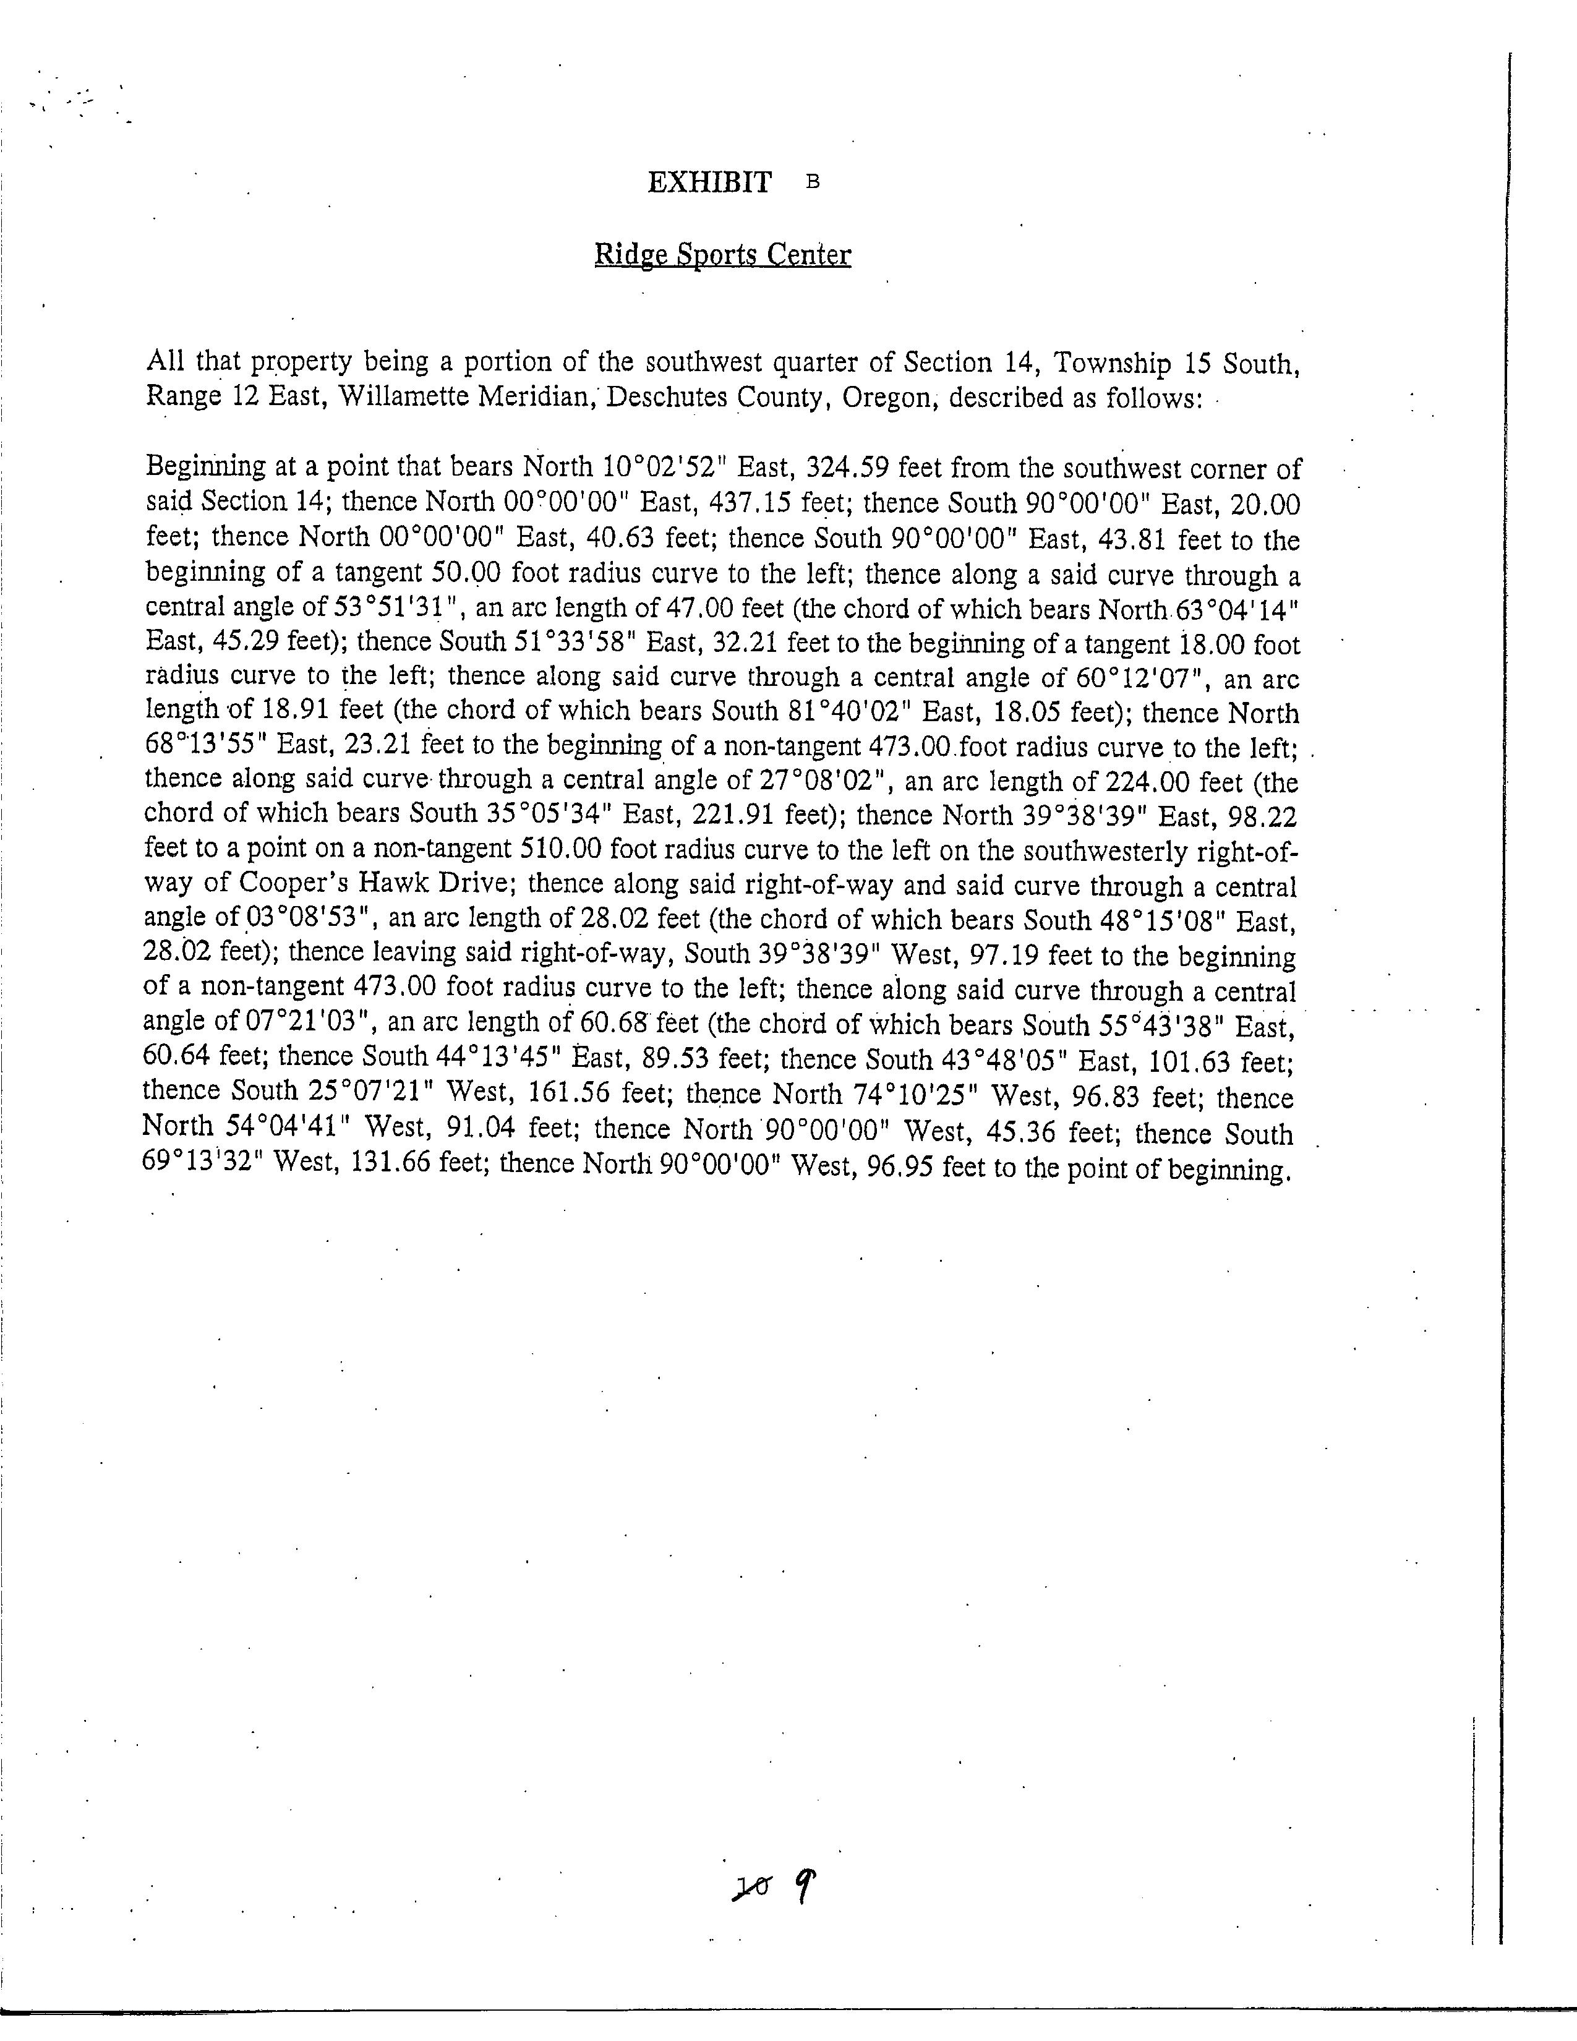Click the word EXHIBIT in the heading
tap(709, 182)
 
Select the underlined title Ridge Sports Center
tap(722, 255)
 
